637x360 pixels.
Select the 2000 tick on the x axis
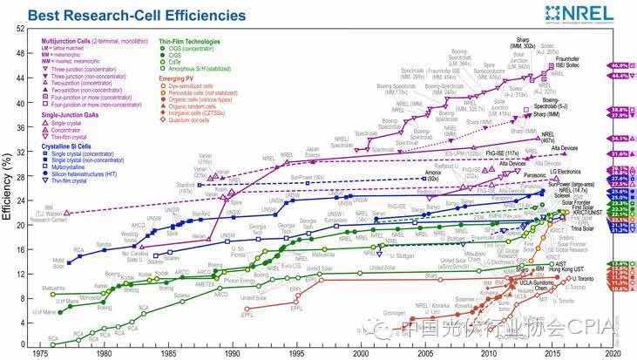(359, 354)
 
